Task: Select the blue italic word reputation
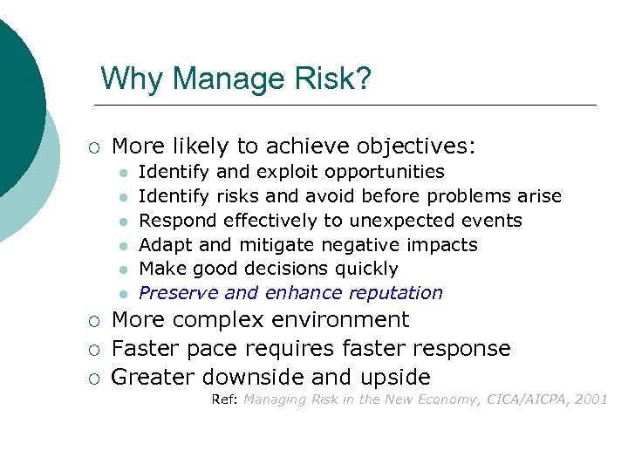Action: click(396, 293)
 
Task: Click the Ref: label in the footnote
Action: click(225, 399)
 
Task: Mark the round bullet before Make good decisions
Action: click(124, 270)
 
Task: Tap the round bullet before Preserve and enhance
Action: click(124, 294)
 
